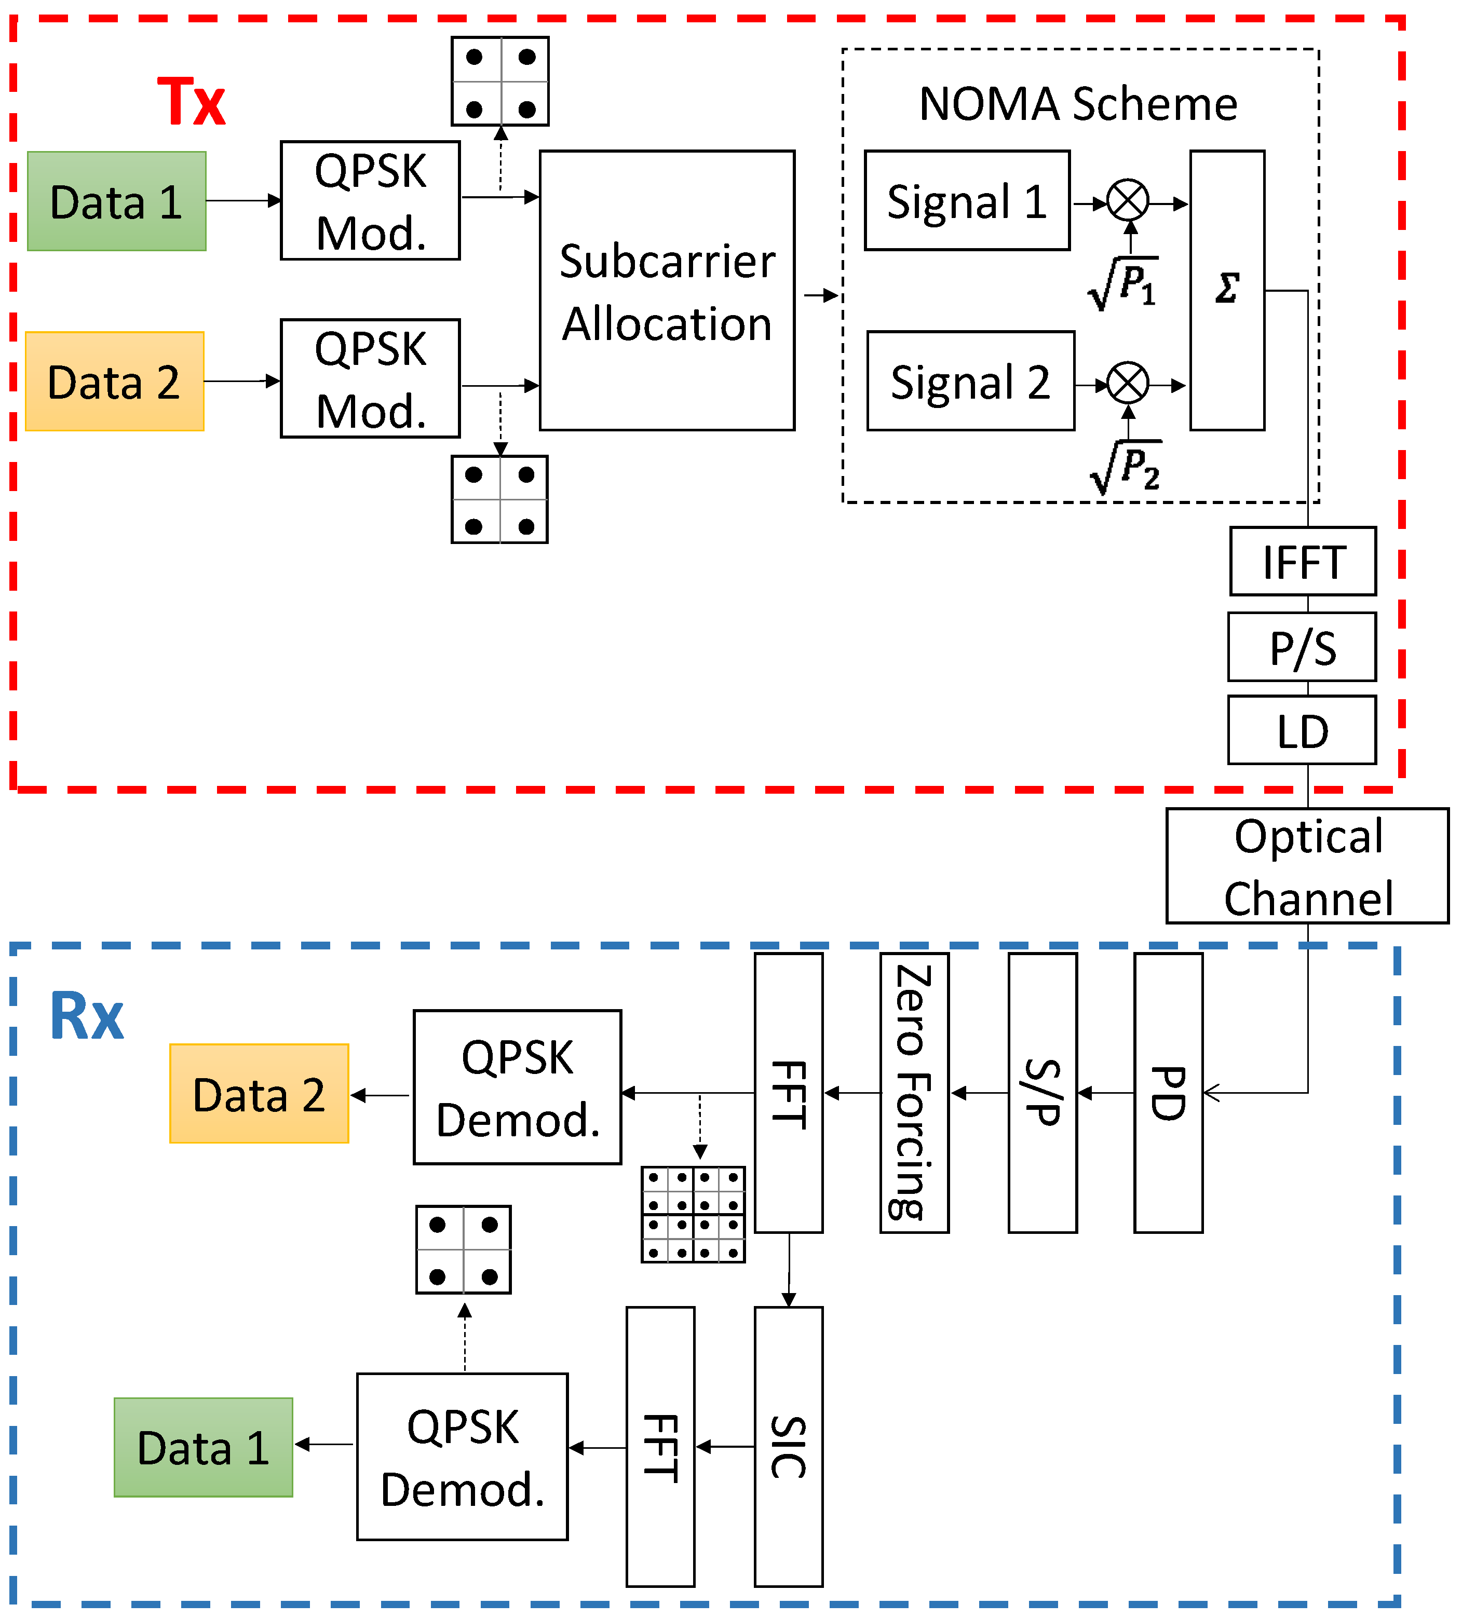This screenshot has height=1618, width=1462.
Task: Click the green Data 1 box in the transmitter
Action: click(x=116, y=201)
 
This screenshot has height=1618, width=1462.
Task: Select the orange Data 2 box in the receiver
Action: click(x=259, y=1094)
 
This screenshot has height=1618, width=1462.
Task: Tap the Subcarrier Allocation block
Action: click(x=667, y=291)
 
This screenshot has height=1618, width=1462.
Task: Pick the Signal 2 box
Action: click(x=970, y=381)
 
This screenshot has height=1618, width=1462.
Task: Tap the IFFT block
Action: click(x=1302, y=562)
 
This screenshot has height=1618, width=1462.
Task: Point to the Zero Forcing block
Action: click(x=914, y=1094)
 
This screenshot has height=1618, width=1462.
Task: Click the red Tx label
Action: click(x=191, y=102)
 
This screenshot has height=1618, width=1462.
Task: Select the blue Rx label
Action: click(x=87, y=1016)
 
